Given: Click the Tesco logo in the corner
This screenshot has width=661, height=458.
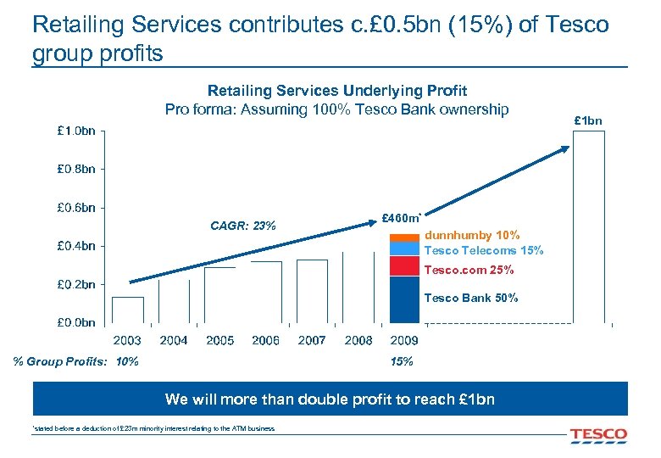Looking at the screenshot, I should tap(598, 435).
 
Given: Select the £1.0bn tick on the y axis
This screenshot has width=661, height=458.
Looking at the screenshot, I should tap(76, 131).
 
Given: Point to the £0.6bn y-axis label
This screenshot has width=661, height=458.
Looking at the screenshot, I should tap(76, 207).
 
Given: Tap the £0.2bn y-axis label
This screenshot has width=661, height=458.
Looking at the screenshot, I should tap(76, 284).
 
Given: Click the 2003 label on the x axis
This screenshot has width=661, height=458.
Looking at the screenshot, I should tap(127, 340).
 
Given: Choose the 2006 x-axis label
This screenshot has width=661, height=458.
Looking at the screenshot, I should tap(265, 340).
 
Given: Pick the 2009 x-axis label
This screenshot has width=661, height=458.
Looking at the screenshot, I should tap(404, 340).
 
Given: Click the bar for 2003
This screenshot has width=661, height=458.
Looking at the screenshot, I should tap(128, 310).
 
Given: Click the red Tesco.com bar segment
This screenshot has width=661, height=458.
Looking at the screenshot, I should tap(404, 265).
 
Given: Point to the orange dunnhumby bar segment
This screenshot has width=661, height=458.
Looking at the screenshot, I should tap(404, 238).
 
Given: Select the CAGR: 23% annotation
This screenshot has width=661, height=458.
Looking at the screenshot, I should tap(242, 226).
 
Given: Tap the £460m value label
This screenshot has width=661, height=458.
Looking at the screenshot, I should tap(402, 219).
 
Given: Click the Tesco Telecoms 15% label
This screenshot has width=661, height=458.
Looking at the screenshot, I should tap(483, 250).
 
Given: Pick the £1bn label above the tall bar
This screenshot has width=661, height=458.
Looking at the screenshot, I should tap(588, 120).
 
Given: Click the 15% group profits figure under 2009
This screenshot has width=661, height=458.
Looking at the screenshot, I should tap(402, 362).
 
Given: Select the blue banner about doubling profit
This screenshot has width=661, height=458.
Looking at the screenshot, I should tap(330, 399).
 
